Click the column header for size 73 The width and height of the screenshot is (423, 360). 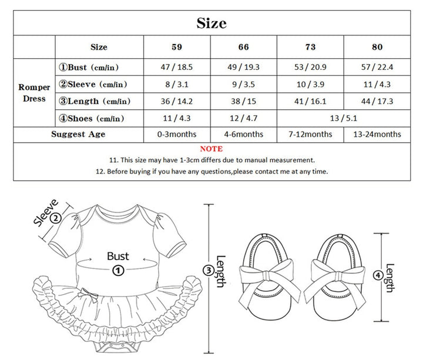click(x=310, y=47)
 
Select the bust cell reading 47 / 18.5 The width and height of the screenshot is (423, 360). click(x=177, y=67)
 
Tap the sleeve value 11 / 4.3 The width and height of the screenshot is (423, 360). click(x=377, y=85)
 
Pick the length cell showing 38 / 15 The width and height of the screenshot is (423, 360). click(x=243, y=101)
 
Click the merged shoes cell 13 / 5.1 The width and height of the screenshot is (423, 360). click(x=344, y=118)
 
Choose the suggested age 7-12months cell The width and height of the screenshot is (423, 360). click(x=310, y=134)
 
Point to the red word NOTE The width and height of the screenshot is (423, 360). click(x=211, y=149)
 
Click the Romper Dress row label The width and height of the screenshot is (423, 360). click(x=34, y=93)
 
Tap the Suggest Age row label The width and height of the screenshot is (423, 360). click(x=78, y=134)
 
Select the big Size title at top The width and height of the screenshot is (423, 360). click(x=211, y=23)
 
